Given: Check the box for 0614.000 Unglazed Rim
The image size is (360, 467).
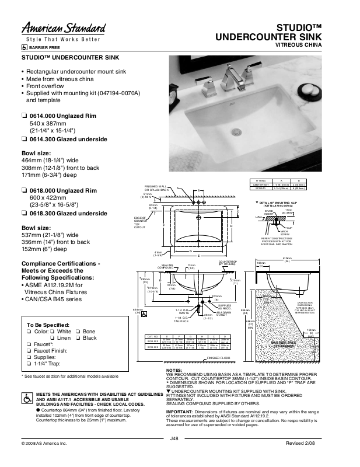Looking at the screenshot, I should point(24,116).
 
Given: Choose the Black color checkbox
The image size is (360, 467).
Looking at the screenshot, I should point(77,339).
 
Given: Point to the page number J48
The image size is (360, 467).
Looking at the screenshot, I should point(173,454).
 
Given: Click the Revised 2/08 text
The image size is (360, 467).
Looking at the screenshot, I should point(320,460).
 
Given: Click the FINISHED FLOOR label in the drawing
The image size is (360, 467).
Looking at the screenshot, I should point(219,374).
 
